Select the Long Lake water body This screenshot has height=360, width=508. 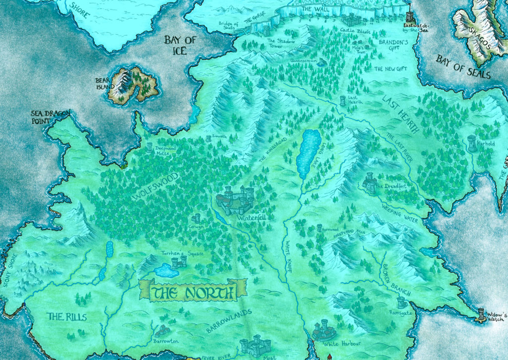[x=309, y=153]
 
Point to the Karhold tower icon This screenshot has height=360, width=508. [x=472, y=142]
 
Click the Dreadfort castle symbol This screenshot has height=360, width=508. [x=370, y=182]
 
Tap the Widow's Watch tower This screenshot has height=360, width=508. [x=480, y=314]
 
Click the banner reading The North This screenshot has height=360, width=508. [x=193, y=292]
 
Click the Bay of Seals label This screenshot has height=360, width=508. [x=462, y=67]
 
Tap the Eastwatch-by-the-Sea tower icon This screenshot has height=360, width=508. [x=409, y=13]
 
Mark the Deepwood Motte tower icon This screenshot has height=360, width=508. [x=149, y=147]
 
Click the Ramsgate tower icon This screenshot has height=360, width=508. [x=401, y=302]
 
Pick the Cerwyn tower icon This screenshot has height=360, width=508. [x=196, y=218]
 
